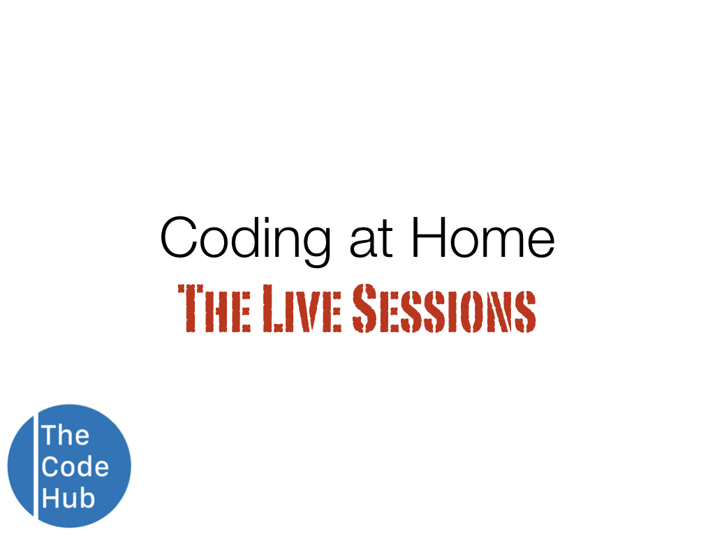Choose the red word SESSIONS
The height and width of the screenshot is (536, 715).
(443, 308)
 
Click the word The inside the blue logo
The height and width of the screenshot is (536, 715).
(65, 435)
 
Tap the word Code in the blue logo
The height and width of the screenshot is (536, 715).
(75, 466)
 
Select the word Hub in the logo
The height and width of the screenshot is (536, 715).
(68, 498)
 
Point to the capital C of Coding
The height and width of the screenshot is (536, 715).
(180, 237)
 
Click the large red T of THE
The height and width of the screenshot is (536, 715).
(191, 308)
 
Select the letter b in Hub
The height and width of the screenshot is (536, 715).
(86, 498)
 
